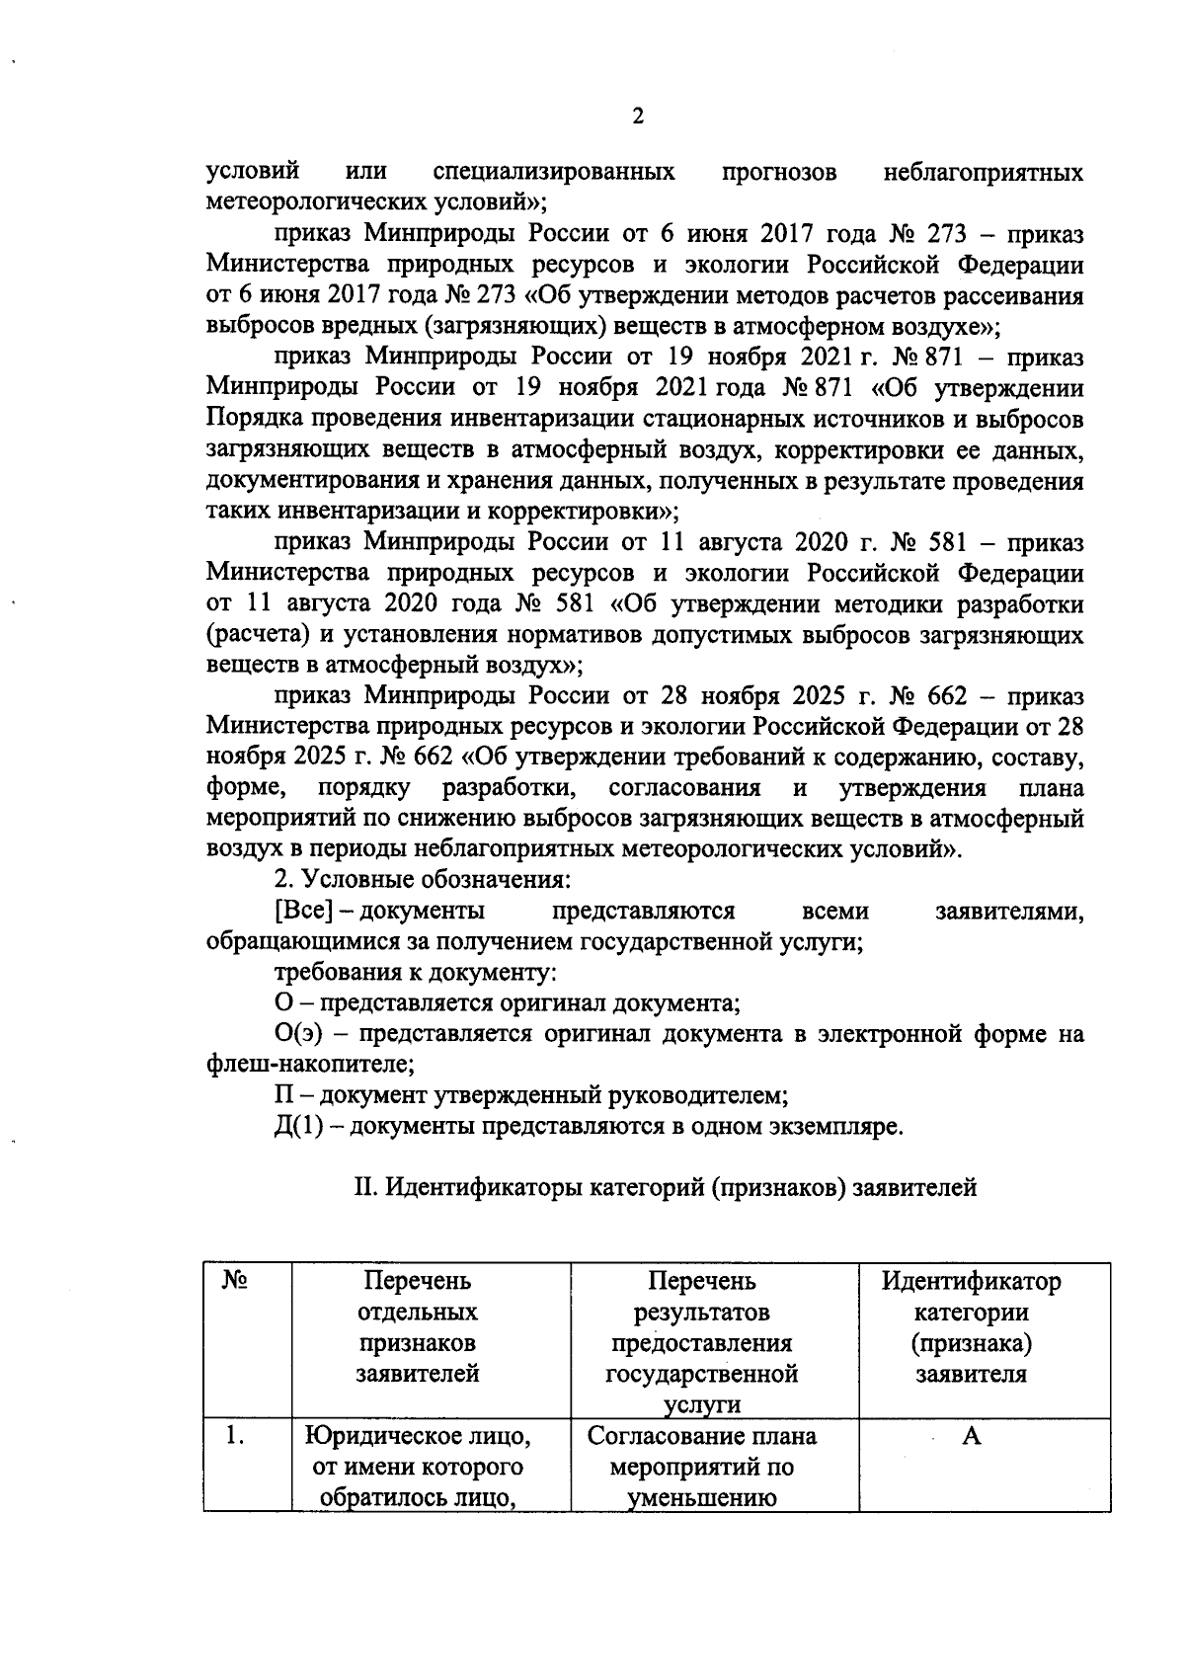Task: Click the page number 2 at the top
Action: (x=637, y=117)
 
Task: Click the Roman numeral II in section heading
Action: (x=363, y=1187)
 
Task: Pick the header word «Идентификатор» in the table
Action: (x=971, y=1282)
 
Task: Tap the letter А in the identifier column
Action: (x=972, y=1436)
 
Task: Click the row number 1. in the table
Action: (x=234, y=1437)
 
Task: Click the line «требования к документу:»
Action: (x=416, y=972)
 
